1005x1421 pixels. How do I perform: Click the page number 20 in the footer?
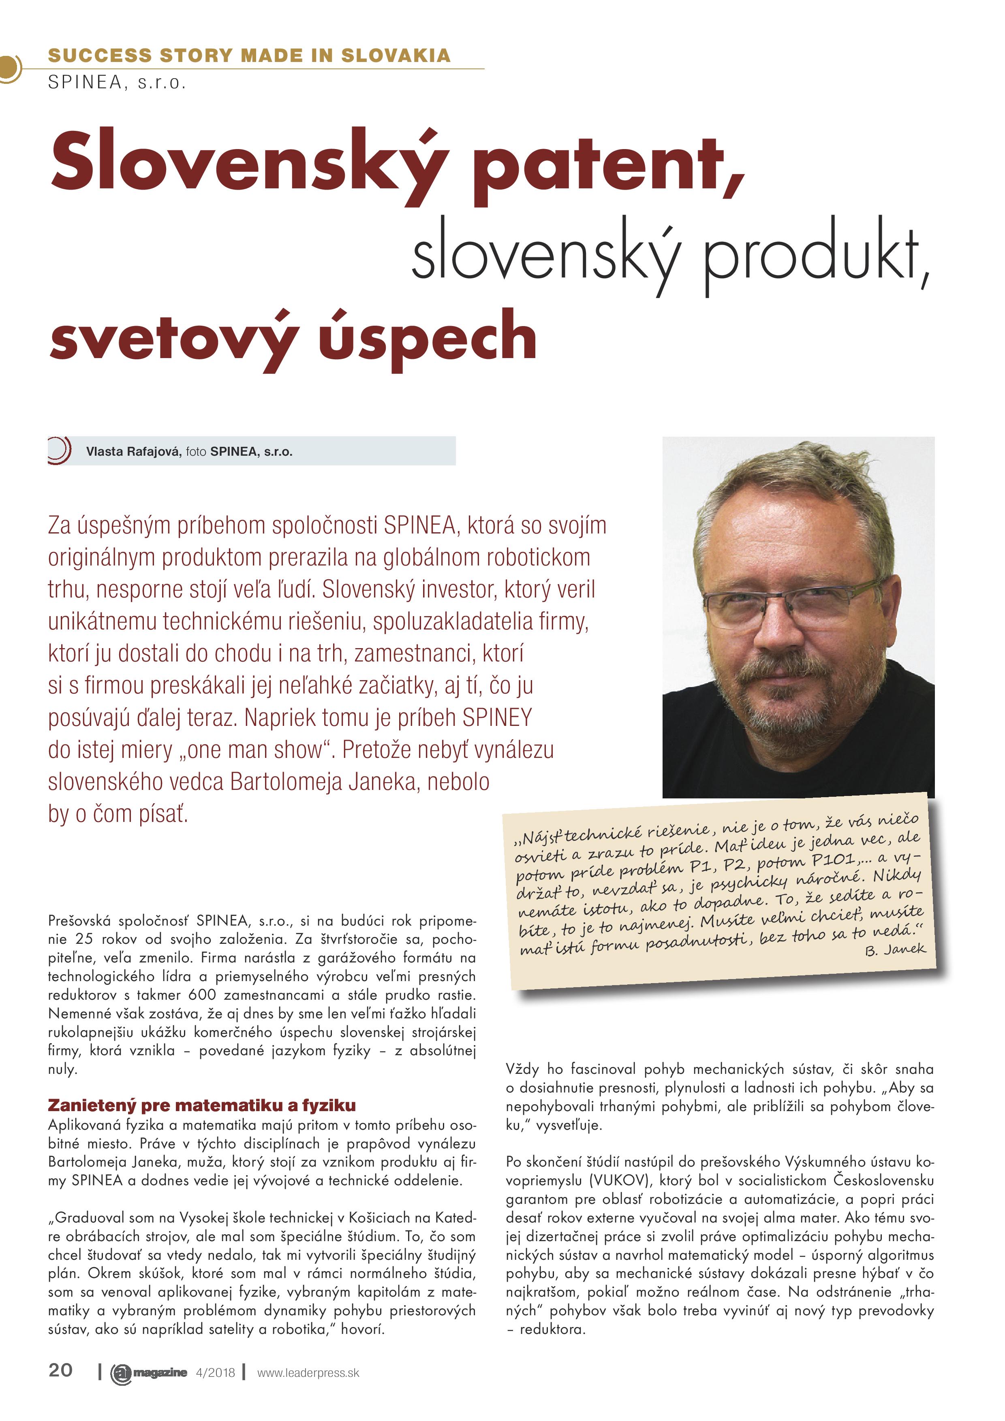pyautogui.click(x=60, y=1371)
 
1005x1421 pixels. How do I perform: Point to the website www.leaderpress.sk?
pyautogui.click(x=308, y=1373)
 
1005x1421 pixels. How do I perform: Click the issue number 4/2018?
pyautogui.click(x=215, y=1373)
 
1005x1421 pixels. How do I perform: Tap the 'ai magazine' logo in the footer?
pyautogui.click(x=149, y=1373)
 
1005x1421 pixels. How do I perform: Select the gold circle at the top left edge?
pyautogui.click(x=9, y=68)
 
